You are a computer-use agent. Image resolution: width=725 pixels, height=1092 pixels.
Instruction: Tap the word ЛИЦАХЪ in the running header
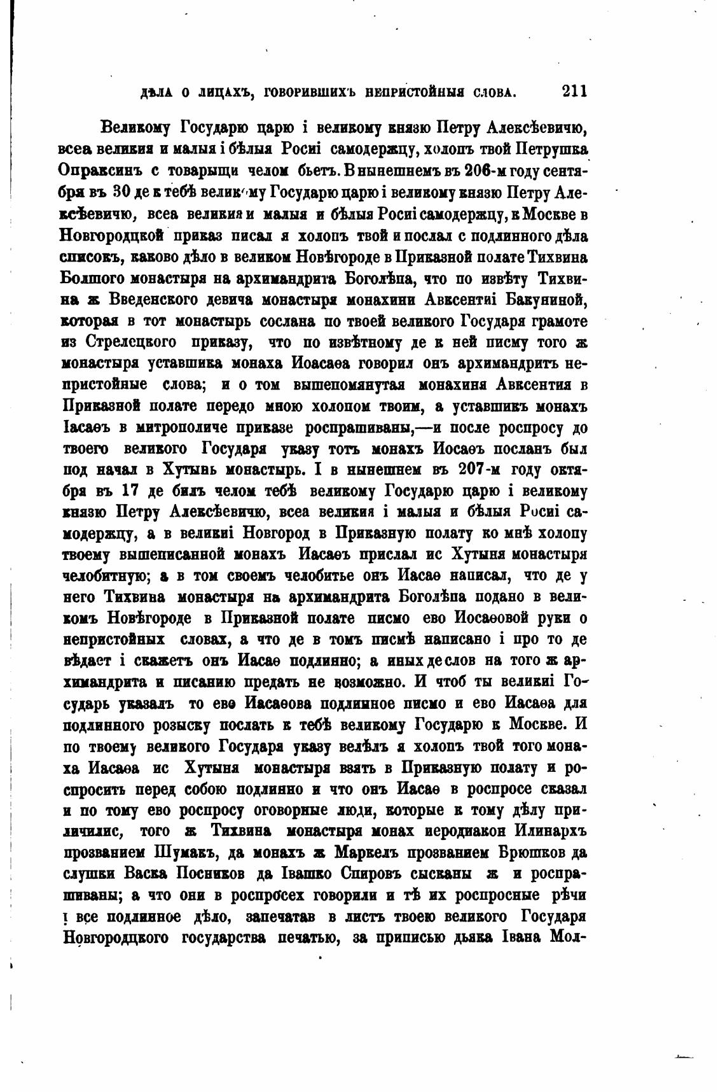pos(214,93)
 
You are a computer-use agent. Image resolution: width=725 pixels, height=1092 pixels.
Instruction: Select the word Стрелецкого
pos(131,342)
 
